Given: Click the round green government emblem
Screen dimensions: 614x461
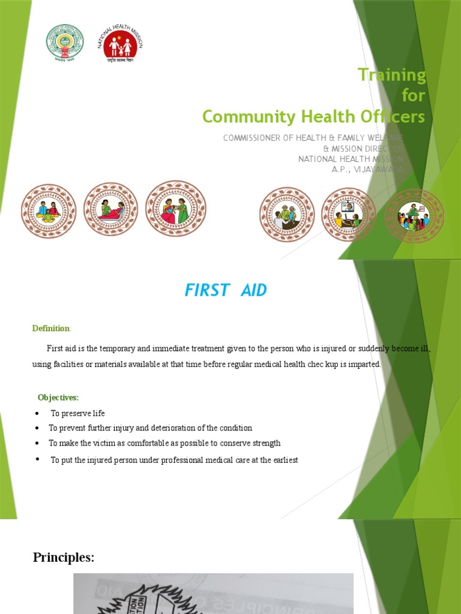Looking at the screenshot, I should coord(65,44).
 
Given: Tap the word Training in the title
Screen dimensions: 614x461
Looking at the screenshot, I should coord(391,75).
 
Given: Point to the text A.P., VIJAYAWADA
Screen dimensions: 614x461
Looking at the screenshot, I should coord(368,170).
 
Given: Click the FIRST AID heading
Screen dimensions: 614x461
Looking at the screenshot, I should coord(225,291).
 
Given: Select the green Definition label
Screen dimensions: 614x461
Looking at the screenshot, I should coord(50,328).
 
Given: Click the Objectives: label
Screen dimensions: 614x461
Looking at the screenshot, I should coord(58,398).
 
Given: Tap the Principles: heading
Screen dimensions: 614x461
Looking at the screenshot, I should coord(63,558).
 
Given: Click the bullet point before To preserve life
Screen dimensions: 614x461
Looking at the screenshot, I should coord(37,414).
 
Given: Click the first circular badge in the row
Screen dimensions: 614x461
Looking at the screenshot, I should coord(49,211).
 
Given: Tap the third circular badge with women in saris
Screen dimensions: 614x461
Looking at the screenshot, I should coord(176,210).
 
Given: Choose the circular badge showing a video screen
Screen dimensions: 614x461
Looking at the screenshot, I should coord(348,214).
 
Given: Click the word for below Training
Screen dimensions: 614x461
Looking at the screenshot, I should coord(413,95).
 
